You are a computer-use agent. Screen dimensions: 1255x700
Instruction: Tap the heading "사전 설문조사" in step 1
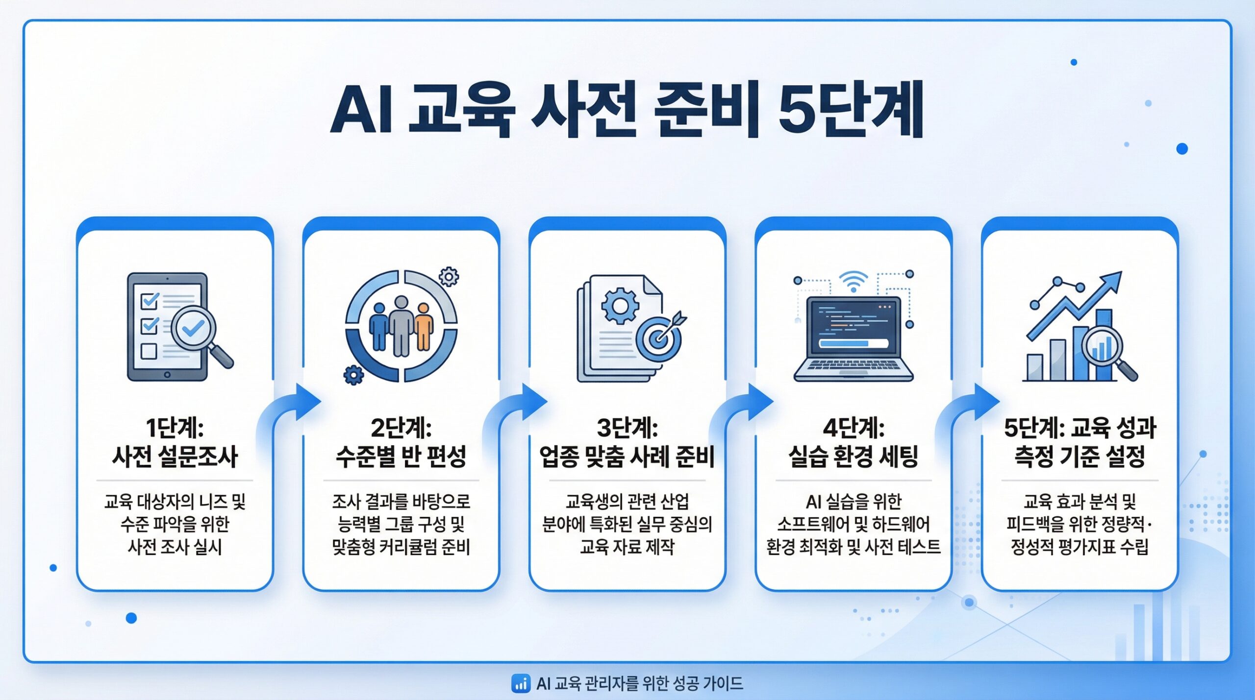click(x=175, y=457)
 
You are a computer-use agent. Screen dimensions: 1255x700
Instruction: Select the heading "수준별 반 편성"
click(x=401, y=457)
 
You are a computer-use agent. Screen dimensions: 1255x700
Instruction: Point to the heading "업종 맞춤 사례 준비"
click(x=627, y=457)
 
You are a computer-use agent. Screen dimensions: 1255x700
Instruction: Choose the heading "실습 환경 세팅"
click(x=853, y=457)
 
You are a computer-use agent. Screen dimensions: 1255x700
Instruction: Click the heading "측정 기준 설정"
click(x=1079, y=457)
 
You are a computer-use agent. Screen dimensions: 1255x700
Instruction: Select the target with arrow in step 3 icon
click(x=661, y=335)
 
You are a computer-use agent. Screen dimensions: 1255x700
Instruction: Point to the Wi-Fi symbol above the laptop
click(x=853, y=282)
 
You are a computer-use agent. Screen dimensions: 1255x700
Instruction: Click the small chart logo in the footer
click(x=521, y=683)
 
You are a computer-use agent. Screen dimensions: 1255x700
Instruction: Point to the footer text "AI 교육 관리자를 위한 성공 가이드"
click(x=640, y=683)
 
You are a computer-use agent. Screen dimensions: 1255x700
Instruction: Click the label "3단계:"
click(x=627, y=428)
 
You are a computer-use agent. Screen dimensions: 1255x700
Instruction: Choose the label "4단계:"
click(x=853, y=428)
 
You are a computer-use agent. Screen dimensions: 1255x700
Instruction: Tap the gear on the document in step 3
click(x=620, y=306)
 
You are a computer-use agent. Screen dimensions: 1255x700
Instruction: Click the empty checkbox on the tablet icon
click(x=149, y=351)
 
